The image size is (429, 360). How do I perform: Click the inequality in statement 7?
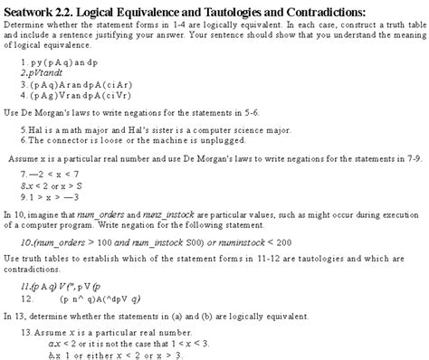[x=50, y=173]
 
